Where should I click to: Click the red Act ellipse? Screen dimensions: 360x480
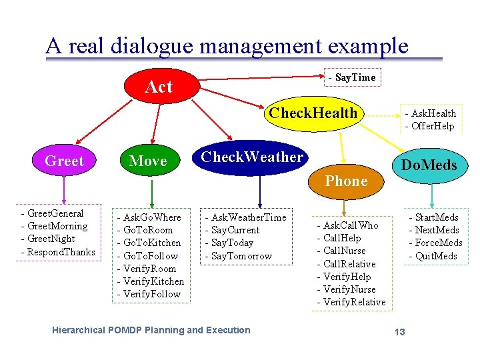tap(159, 86)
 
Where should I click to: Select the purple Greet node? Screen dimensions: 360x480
tap(64, 161)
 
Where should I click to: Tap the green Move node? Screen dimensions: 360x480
tap(148, 161)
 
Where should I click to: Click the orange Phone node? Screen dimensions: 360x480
tap(346, 181)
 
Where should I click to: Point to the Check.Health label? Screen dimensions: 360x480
tap(313, 113)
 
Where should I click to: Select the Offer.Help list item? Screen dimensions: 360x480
tap(433, 126)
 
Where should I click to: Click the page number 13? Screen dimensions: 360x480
tap(399, 331)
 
